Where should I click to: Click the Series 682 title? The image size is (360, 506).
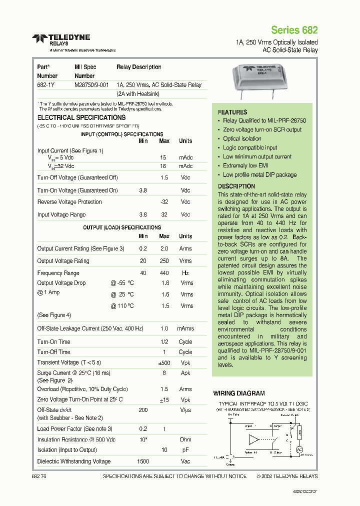coord(294,30)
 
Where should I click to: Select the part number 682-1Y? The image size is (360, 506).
coord(45,85)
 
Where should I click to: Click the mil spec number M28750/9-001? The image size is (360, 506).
coord(91,85)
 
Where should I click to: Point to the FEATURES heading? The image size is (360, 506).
coord(232,112)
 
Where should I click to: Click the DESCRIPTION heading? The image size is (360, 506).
coord(236,186)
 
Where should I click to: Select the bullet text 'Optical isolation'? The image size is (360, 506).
coord(242,138)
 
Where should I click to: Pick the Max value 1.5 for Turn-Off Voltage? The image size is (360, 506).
coord(164,177)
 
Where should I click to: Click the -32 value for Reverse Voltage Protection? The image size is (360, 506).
coord(163,202)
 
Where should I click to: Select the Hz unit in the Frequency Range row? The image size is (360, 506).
coord(185,273)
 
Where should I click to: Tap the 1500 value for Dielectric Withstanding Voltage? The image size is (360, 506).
coord(143,461)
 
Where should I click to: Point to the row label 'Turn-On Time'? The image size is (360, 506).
coord(53,342)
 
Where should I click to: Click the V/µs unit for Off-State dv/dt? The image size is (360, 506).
coord(185,409)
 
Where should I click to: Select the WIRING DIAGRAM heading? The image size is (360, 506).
coord(239,393)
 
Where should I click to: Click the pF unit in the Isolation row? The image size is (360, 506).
coord(185,450)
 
